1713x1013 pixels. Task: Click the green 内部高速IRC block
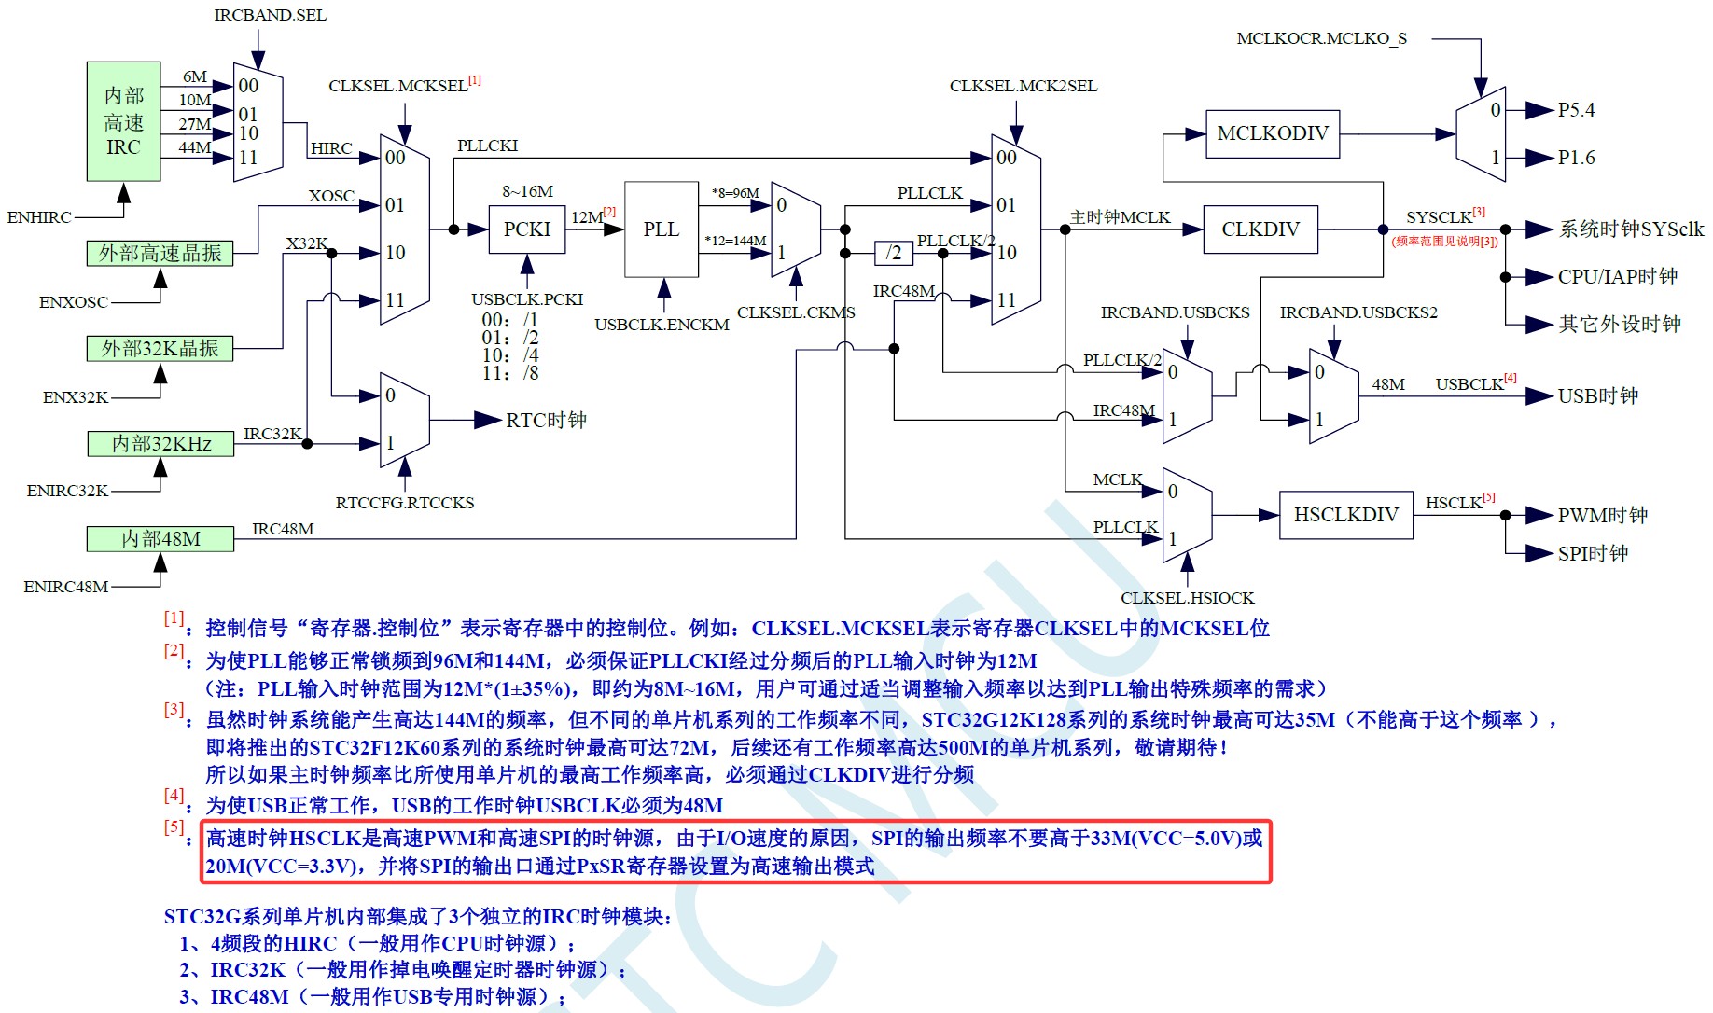123,121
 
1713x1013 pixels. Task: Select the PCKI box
527,229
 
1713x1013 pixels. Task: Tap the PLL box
662,229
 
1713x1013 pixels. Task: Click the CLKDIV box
1260,229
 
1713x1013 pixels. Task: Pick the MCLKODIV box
1273,133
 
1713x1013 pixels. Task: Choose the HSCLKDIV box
1345,515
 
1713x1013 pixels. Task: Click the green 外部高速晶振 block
160,253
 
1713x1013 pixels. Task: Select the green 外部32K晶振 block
160,348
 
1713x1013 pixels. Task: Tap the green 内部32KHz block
160,444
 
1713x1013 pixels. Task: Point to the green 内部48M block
160,539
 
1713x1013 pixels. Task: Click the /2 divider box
894,253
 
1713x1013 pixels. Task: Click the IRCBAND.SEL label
271,15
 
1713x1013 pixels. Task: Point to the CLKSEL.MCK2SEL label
1024,86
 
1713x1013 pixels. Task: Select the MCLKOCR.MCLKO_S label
1321,38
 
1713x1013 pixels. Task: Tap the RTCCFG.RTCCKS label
405,503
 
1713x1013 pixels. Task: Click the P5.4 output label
1576,110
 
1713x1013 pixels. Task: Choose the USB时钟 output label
1597,396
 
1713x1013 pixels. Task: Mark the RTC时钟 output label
546,421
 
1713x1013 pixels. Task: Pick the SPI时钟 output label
1593,554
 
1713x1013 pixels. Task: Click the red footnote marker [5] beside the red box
174,826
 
